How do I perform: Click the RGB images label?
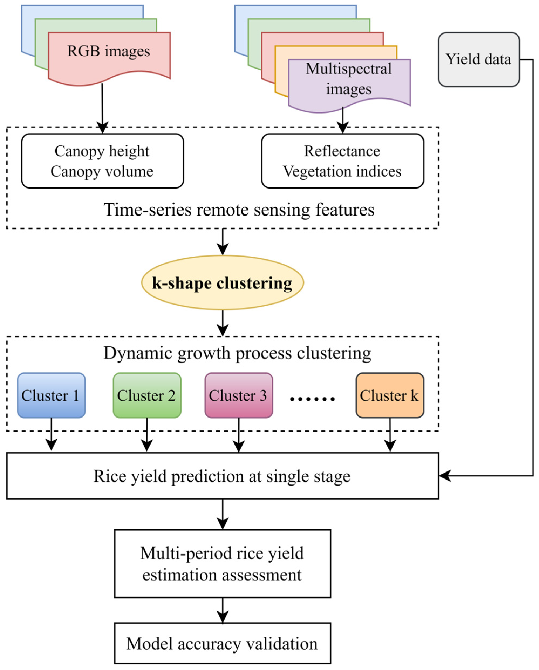pyautogui.click(x=108, y=51)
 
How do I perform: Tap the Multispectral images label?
pyautogui.click(x=349, y=78)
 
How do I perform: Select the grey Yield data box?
pyautogui.click(x=478, y=59)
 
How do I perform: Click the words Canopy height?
pyautogui.click(x=102, y=151)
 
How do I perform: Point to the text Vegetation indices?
pyautogui.click(x=342, y=171)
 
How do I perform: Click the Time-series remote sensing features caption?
pyautogui.click(x=239, y=210)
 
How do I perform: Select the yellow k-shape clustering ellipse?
pyautogui.click(x=222, y=282)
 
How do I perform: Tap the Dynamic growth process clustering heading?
pyautogui.click(x=237, y=353)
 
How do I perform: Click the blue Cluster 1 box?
pyautogui.click(x=51, y=395)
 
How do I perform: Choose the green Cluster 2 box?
pyautogui.click(x=147, y=395)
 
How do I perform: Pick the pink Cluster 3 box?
pyautogui.click(x=238, y=395)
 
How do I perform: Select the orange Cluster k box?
pyautogui.click(x=390, y=395)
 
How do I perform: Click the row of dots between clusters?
pyautogui.click(x=312, y=399)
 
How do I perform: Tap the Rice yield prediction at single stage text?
pyautogui.click(x=222, y=476)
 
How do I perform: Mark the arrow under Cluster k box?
pyautogui.click(x=390, y=435)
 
